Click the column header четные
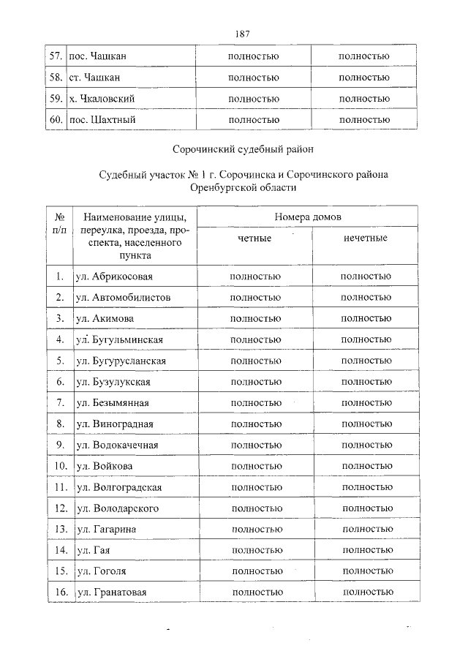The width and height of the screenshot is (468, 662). (x=254, y=238)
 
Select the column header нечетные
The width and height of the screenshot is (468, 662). (x=365, y=238)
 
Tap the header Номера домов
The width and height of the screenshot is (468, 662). (x=308, y=217)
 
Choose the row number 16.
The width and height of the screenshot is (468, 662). (x=61, y=592)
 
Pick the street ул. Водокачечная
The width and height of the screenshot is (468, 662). (x=116, y=445)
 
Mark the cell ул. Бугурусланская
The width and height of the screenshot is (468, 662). (x=120, y=361)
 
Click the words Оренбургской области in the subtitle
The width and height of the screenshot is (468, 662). (x=243, y=188)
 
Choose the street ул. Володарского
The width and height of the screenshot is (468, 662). (x=117, y=508)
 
